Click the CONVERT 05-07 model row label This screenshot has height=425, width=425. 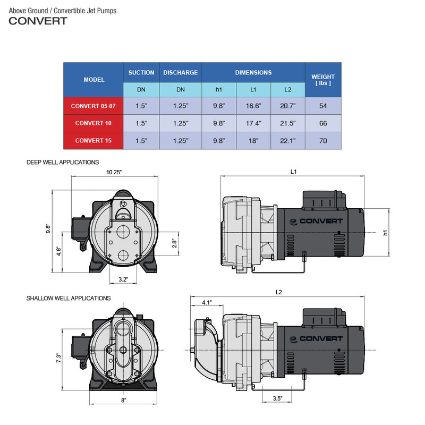point(93,106)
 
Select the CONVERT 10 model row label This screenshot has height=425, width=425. point(93,123)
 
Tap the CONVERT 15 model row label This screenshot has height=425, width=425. point(93,141)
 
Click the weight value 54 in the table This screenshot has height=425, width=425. point(323,106)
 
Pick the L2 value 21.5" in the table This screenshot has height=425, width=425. point(287,123)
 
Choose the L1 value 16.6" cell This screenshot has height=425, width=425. point(253,106)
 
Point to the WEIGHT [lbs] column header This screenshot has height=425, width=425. point(323,80)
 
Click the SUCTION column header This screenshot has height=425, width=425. point(141,72)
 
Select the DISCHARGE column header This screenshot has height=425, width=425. point(181,72)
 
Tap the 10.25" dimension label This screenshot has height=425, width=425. point(114,172)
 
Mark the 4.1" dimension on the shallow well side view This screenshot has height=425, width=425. point(207,302)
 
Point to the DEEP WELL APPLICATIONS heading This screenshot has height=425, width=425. point(63,162)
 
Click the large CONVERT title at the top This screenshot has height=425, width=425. point(38,21)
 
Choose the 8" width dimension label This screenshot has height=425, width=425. point(123,400)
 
